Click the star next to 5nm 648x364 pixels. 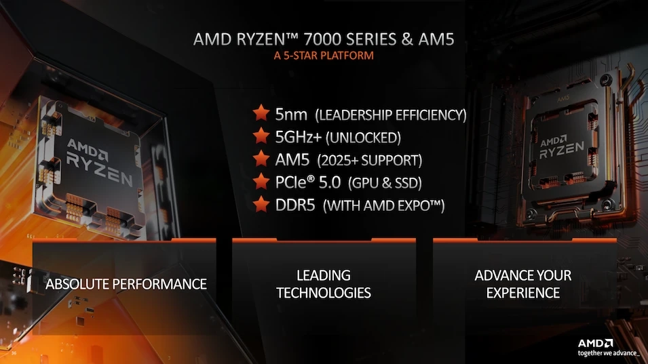coord(260,113)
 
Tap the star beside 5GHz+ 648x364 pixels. coord(260,136)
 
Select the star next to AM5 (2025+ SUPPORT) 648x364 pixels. coord(260,159)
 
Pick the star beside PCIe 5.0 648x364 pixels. coord(260,182)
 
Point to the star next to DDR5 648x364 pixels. coord(260,205)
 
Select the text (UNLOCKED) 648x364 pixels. coord(364,138)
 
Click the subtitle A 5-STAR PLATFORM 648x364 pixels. coord(324,56)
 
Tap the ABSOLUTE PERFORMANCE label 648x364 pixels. coord(126,283)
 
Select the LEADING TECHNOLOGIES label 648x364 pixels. coord(324,284)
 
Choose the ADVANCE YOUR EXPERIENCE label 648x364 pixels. coord(523,284)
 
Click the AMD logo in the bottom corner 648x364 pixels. coord(596,343)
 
